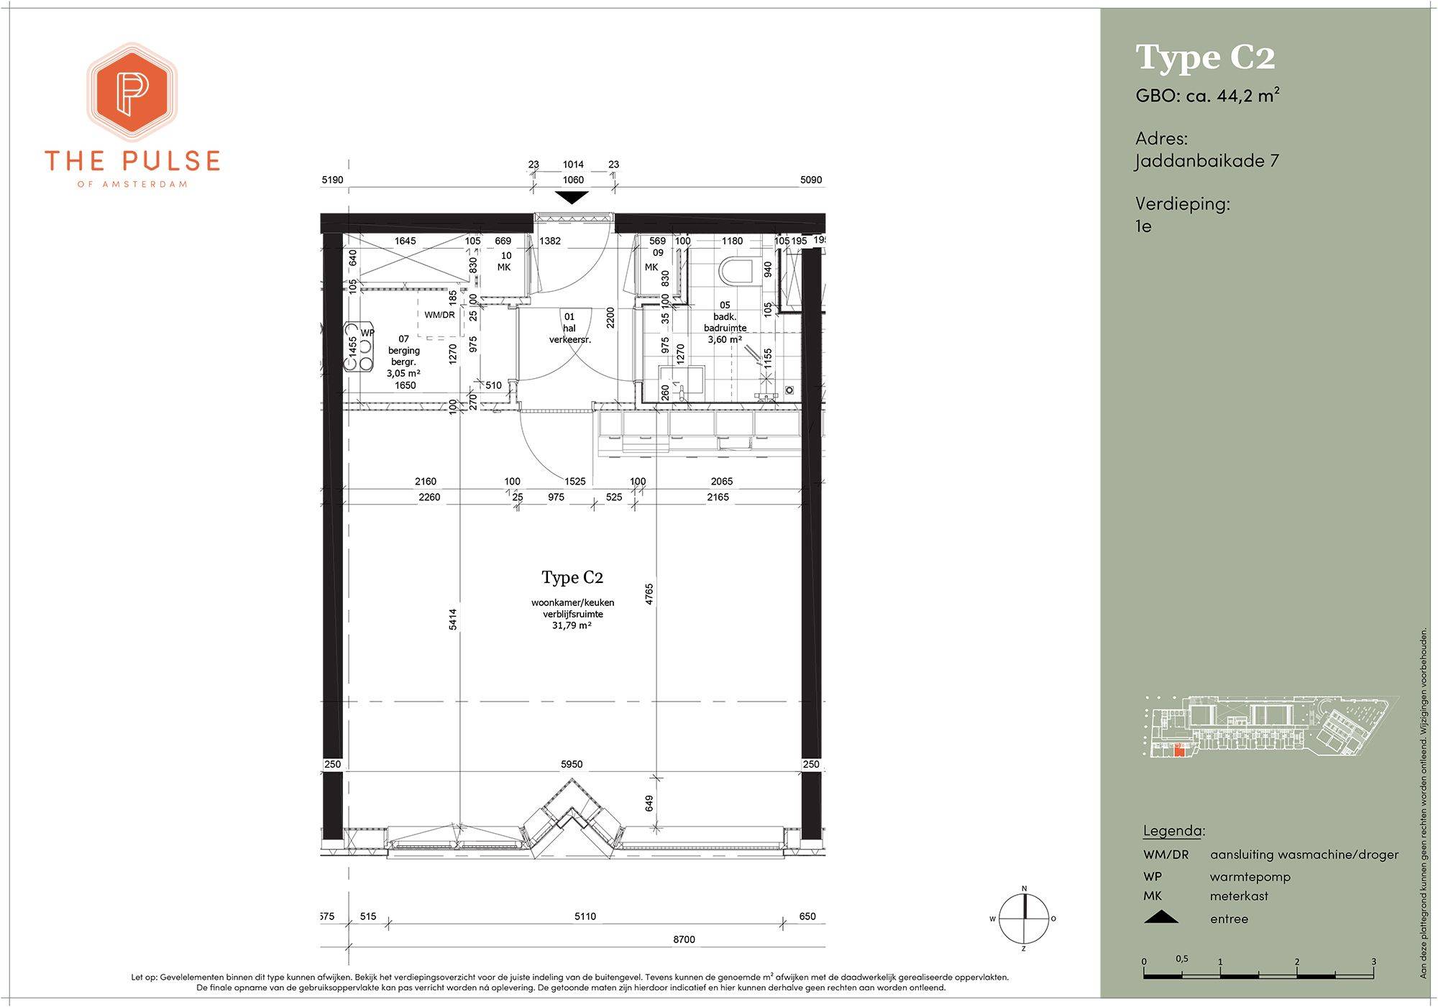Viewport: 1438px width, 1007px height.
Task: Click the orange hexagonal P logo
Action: pyautogui.click(x=132, y=91)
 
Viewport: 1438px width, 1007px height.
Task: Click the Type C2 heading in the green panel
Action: pyautogui.click(x=1205, y=58)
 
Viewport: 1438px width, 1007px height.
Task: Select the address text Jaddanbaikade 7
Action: pyautogui.click(x=1207, y=160)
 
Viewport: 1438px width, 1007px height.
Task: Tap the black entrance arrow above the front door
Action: pyautogui.click(x=572, y=198)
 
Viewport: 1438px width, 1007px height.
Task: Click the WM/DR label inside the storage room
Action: pyautogui.click(x=439, y=315)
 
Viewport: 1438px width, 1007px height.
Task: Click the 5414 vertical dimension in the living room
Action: pyautogui.click(x=453, y=620)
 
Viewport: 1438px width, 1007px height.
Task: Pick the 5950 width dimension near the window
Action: pyautogui.click(x=572, y=764)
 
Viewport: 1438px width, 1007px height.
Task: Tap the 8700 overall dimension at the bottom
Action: pyautogui.click(x=684, y=939)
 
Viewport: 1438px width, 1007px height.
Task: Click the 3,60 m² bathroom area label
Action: pyautogui.click(x=725, y=339)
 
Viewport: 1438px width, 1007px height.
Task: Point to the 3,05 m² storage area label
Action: pyautogui.click(x=403, y=374)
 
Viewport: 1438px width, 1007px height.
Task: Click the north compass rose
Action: pyautogui.click(x=1024, y=919)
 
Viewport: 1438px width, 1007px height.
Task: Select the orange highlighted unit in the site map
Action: pyautogui.click(x=1178, y=752)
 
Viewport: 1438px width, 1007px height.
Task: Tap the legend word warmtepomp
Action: pyautogui.click(x=1250, y=877)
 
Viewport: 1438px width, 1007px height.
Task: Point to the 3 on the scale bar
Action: pyautogui.click(x=1373, y=962)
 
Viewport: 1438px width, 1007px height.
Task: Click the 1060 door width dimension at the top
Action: pyautogui.click(x=573, y=180)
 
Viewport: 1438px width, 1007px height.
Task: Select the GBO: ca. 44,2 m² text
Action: pyautogui.click(x=1207, y=95)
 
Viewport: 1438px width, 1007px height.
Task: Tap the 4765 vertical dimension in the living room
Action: pyautogui.click(x=649, y=594)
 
